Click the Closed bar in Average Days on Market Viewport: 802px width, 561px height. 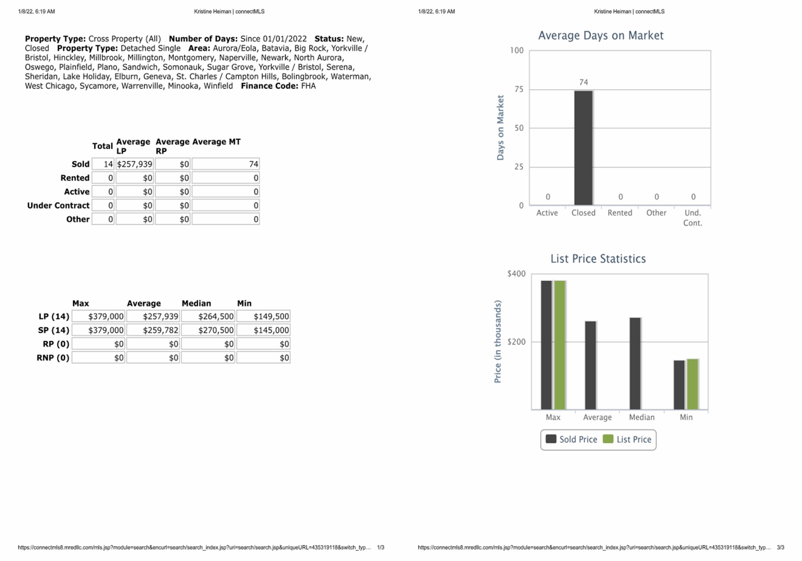click(x=583, y=148)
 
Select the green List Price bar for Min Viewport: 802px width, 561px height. click(x=692, y=384)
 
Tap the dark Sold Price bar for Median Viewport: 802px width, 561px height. click(x=635, y=363)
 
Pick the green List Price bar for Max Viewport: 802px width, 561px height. click(x=560, y=345)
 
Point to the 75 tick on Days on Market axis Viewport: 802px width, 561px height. click(x=519, y=89)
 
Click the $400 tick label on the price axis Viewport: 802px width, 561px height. click(x=516, y=274)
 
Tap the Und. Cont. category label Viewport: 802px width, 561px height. click(x=692, y=218)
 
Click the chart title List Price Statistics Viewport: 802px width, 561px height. click(x=598, y=259)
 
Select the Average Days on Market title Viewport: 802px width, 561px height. click(x=601, y=36)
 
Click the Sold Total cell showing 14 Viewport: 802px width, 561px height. click(x=103, y=164)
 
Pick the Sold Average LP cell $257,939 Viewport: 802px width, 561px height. click(x=135, y=164)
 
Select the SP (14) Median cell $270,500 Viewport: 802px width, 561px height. click(x=208, y=330)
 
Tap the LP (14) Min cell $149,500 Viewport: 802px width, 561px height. click(x=263, y=317)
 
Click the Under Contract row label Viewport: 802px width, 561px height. click(x=58, y=205)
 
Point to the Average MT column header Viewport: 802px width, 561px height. click(x=216, y=142)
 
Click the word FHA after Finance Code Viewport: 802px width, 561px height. click(x=308, y=86)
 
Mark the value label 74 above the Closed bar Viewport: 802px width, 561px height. click(x=584, y=82)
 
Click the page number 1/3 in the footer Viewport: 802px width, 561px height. click(x=381, y=547)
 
